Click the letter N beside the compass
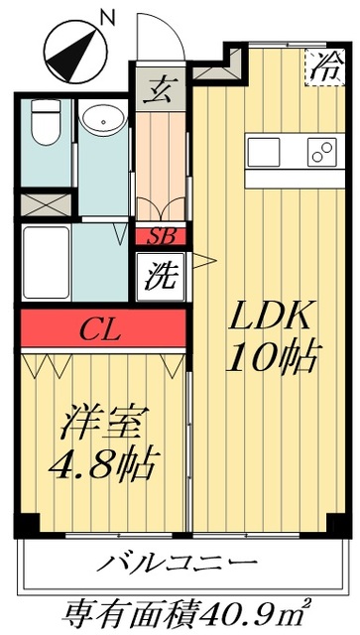point(108,16)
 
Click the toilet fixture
point(43,123)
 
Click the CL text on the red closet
point(102,328)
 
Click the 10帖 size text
point(272,357)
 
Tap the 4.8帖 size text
point(107,462)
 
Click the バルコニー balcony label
point(178,566)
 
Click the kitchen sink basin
point(266,153)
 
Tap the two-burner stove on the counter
point(321,153)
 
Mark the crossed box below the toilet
point(44,204)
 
